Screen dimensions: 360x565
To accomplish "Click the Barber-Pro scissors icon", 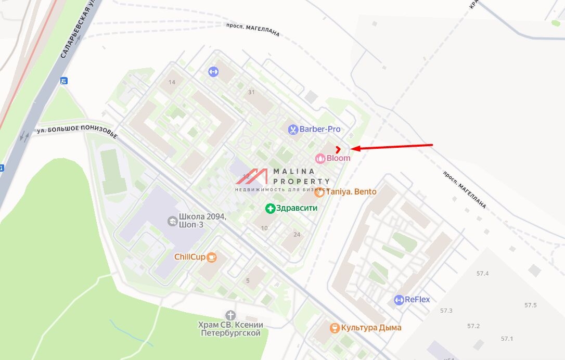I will click(293, 130).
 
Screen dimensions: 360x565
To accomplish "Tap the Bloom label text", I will click(338, 158).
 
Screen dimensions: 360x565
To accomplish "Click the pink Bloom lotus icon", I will click(320, 158).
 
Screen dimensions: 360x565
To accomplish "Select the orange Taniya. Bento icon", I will click(319, 192).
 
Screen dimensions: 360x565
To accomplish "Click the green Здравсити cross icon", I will click(270, 209).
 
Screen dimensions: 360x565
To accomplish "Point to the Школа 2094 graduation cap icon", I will click(172, 221).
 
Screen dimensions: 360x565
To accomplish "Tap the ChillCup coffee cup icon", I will click(211, 256).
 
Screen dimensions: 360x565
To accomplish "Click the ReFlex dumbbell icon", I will click(399, 300).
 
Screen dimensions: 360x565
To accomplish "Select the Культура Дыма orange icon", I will click(335, 328).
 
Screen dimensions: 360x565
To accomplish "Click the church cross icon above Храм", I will click(230, 315).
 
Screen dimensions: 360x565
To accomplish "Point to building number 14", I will click(172, 82).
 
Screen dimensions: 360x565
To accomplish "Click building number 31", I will click(252, 92).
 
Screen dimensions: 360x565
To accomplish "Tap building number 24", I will click(297, 235).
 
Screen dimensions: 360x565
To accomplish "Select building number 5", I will click(248, 281).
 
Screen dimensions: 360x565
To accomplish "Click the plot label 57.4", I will click(482, 274).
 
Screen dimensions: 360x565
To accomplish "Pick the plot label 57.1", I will click(507, 339).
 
